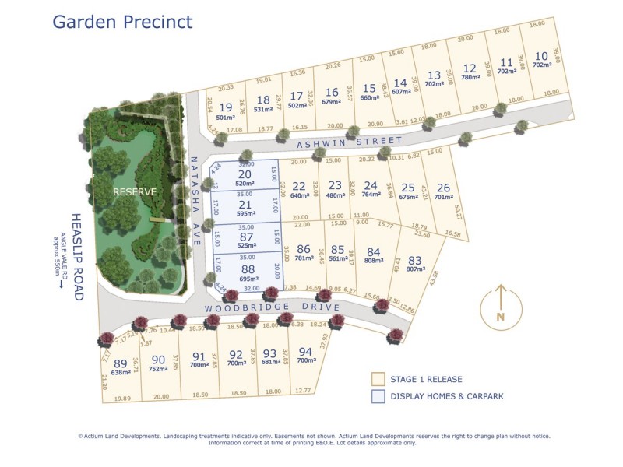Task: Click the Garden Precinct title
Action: click(x=122, y=21)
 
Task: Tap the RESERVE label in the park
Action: click(x=135, y=191)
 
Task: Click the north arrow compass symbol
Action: click(x=501, y=304)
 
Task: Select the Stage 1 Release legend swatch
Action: click(x=378, y=379)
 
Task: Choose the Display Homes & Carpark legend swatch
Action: click(x=378, y=396)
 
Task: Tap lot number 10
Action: click(x=541, y=56)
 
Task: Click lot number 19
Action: click(x=226, y=107)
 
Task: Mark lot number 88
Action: click(x=247, y=270)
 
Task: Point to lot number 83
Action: click(x=415, y=261)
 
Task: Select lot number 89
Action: click(x=120, y=363)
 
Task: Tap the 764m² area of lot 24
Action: click(x=371, y=195)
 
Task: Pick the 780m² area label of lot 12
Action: click(x=470, y=77)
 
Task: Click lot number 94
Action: click(x=306, y=351)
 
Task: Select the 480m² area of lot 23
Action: click(x=335, y=195)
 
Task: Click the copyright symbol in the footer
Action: click(x=80, y=436)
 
